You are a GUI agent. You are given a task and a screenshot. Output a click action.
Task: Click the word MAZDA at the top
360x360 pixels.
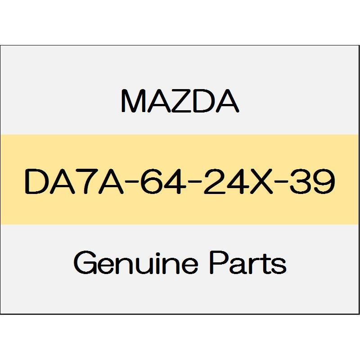pos(180,101)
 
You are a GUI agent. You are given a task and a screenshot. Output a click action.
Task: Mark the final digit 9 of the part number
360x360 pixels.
pos(324,181)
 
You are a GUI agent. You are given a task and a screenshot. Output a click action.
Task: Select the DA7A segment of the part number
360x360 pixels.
pos(73,181)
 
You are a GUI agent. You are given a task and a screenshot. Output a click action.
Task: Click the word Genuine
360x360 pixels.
pos(136,262)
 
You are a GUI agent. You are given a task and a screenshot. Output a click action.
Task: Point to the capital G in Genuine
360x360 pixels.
pos(85,262)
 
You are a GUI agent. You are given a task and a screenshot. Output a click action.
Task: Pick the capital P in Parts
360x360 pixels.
pos(219,262)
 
